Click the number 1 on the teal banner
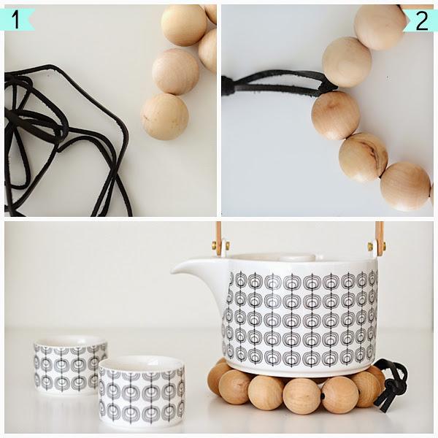click(x=16, y=20)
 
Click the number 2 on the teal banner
click(x=422, y=21)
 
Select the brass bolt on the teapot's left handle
click(x=220, y=246)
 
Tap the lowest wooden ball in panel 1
click(x=164, y=117)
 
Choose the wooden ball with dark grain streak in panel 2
click(x=363, y=158)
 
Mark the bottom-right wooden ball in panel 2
click(x=406, y=187)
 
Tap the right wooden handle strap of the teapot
click(x=379, y=238)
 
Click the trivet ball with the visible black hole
click(x=340, y=394)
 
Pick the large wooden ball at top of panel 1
click(x=184, y=25)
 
